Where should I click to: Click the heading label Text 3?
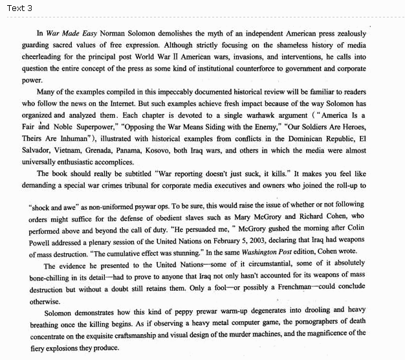pyautogui.click(x=19, y=8)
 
